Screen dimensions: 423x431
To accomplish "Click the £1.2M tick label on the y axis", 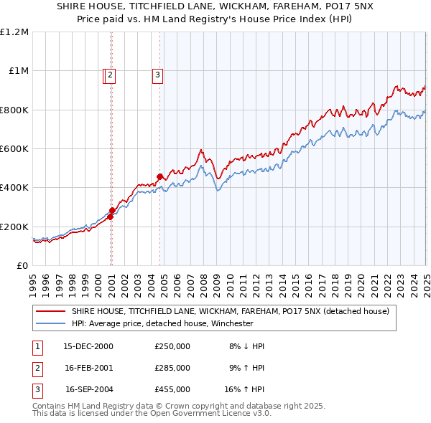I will click(15, 32).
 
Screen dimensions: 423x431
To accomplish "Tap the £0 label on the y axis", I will click(22, 266).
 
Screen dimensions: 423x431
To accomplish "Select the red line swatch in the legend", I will click(51, 312).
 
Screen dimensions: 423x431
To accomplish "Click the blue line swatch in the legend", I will click(51, 323).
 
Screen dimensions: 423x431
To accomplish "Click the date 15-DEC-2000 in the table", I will click(88, 346).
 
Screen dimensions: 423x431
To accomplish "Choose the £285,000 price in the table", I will click(172, 368).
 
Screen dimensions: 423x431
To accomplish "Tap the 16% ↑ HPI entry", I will click(244, 389).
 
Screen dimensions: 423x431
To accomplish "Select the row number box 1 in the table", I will click(37, 346).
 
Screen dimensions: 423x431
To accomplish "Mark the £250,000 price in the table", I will click(172, 346).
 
